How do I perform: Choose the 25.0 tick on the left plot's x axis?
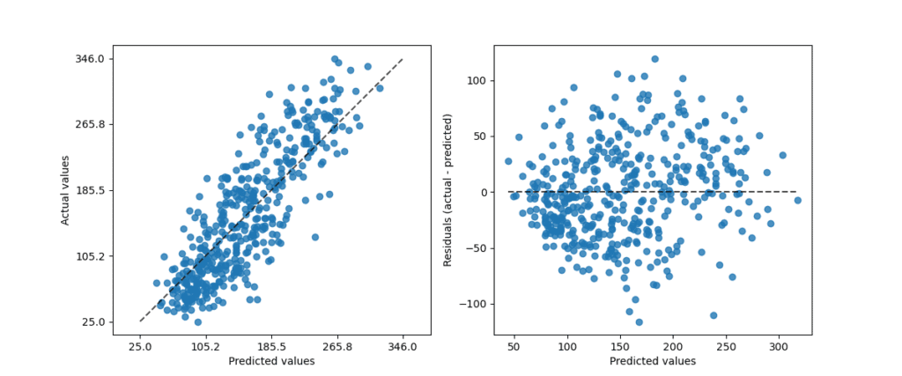[x=140, y=347]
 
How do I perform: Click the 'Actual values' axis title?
[x=66, y=190]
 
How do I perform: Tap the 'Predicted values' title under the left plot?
[x=271, y=361]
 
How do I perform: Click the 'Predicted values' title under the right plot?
[x=653, y=361]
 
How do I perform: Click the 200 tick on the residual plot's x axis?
[x=673, y=347]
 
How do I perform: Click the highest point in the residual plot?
[x=654, y=59]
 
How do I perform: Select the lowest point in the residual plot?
[x=639, y=321]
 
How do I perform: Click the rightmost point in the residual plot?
[x=797, y=200]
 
